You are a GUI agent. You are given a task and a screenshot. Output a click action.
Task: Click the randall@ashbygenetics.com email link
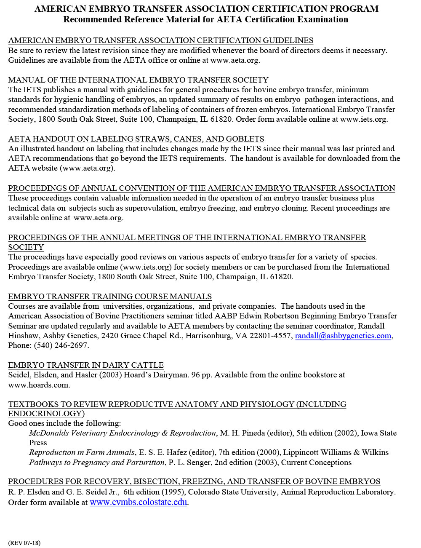(x=343, y=336)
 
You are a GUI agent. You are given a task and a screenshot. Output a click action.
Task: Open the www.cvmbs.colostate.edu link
(x=138, y=502)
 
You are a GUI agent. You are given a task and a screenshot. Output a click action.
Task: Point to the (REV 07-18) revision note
(x=24, y=543)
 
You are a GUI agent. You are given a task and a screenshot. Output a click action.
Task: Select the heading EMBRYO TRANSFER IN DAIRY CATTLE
(x=86, y=365)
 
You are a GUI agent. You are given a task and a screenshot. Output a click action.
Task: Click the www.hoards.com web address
(x=39, y=385)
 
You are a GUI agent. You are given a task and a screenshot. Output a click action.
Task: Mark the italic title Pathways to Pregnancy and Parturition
(x=96, y=462)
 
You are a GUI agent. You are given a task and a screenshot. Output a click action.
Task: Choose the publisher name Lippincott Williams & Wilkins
(x=336, y=452)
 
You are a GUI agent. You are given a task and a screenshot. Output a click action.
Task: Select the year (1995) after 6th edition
(x=173, y=492)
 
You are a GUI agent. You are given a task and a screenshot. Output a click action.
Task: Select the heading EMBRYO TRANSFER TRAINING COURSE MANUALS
(x=110, y=297)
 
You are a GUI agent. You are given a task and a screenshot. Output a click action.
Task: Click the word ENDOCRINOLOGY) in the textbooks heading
(x=46, y=414)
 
